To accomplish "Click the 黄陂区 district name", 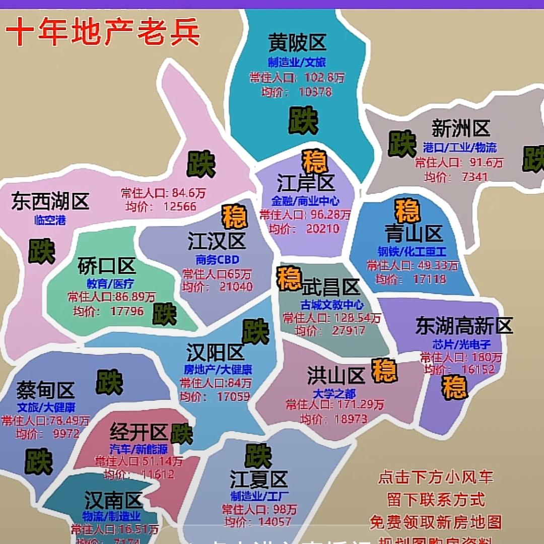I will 297,42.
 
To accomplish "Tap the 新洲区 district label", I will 460,128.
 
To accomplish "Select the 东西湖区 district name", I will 50,201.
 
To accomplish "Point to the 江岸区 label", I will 306,183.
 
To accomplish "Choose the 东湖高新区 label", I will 464,326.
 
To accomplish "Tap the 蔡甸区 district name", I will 45,389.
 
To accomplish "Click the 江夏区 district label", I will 258,479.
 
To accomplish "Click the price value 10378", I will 315,92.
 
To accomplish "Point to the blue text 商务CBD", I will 218,260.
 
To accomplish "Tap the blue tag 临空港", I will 50,220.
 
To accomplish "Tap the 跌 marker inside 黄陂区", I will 303,120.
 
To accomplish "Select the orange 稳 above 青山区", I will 407,211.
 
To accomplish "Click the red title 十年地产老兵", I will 103,32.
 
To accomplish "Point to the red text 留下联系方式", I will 436,499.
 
